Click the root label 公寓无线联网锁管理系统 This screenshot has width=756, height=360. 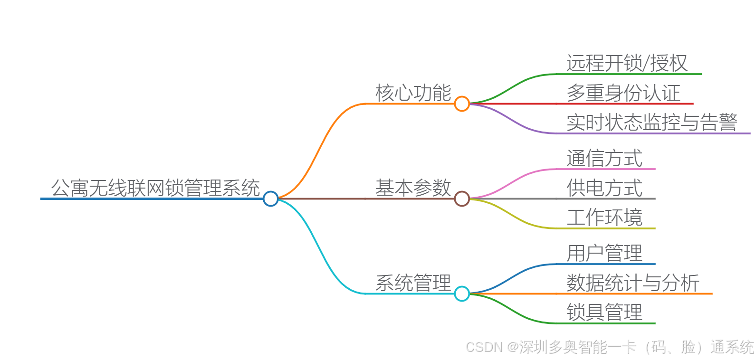coord(155,188)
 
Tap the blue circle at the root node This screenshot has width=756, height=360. coord(270,199)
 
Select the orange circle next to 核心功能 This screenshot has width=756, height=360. coord(461,104)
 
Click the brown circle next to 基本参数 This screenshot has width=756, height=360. coord(461,199)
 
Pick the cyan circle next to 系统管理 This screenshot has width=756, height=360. coord(461,294)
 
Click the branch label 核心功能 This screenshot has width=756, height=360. coord(413,93)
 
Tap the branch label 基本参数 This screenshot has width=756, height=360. coord(413,188)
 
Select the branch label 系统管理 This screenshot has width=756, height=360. coord(413,283)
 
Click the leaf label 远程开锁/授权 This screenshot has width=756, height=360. coord(627,63)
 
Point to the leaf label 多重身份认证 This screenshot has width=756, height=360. coord(623,93)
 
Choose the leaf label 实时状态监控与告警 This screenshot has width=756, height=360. coord(652,123)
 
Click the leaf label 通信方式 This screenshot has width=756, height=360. coord(604,158)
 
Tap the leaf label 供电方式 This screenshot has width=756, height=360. coord(604,188)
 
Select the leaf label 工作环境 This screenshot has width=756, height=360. coord(604,218)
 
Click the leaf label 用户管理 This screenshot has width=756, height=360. coord(604,253)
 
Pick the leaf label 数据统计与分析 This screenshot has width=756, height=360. coord(633,283)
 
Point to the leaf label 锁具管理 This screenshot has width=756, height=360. coord(604,313)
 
